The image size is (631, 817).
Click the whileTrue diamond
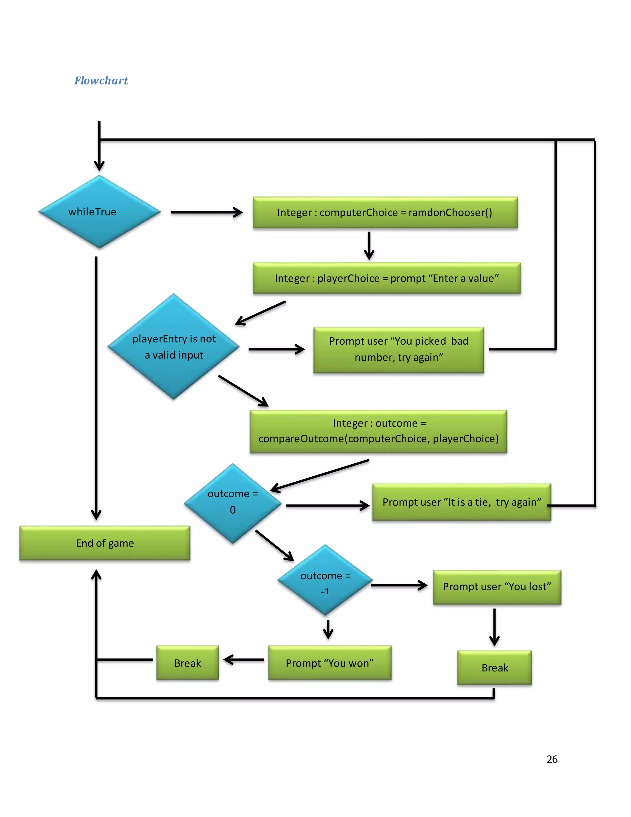100,212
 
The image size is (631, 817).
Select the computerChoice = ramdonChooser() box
385,212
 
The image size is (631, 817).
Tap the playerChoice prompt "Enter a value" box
387,278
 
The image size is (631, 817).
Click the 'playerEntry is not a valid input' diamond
174,347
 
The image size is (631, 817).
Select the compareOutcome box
378,431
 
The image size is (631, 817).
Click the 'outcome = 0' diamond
233,503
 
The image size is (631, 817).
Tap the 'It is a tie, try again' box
461,502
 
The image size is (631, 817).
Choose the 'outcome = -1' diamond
325,581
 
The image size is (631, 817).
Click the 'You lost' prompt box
497,587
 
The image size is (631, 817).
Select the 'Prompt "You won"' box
330,663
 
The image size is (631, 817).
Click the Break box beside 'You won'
188,663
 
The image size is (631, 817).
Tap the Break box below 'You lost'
494,668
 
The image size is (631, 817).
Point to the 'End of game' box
105,543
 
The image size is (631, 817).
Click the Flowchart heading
101,80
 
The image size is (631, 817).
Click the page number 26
552,759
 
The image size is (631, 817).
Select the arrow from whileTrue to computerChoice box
206,212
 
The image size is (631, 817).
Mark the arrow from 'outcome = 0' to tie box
327,506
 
